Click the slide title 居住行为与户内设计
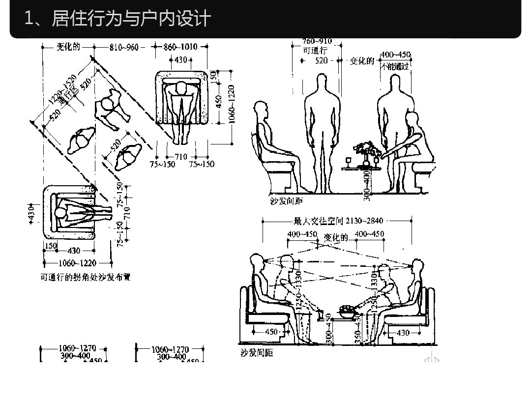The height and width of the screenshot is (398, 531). (x=118, y=19)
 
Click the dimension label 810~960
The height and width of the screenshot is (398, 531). (x=124, y=47)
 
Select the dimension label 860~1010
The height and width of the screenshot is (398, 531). (x=180, y=47)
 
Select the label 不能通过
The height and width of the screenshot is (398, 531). (x=395, y=66)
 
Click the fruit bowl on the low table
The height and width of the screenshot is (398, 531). (x=348, y=310)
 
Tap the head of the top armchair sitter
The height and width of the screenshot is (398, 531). (x=181, y=88)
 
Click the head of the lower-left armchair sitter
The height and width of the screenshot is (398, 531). (x=60, y=213)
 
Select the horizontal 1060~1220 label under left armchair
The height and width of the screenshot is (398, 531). (x=78, y=263)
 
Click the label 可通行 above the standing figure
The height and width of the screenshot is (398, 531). (x=315, y=51)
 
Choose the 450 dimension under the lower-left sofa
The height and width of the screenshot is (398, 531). (x=271, y=332)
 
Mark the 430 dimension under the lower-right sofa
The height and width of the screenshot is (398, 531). (x=403, y=333)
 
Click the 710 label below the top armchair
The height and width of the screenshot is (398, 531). (x=181, y=157)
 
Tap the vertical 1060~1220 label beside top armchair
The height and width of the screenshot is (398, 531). (x=231, y=104)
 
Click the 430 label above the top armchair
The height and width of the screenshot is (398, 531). (x=180, y=60)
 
